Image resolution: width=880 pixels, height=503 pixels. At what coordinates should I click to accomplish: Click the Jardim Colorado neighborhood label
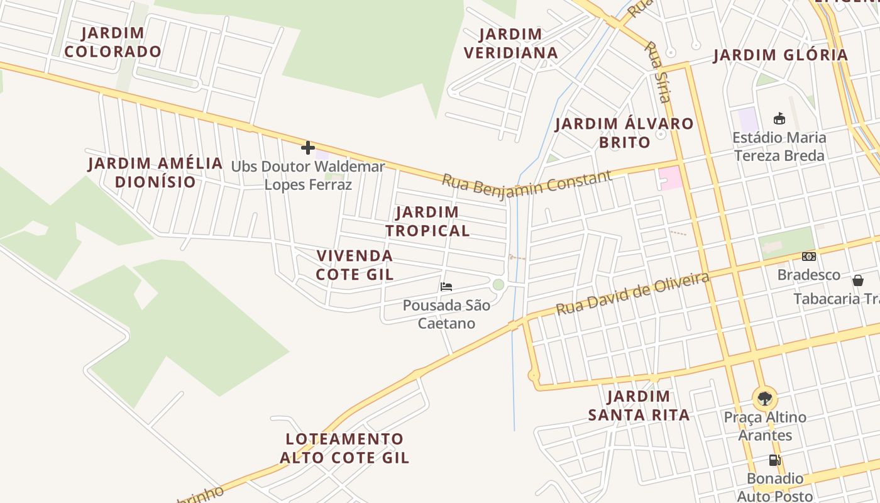113,42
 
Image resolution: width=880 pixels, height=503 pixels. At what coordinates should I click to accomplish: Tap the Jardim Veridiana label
511,43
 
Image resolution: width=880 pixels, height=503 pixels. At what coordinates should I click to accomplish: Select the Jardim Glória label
781,55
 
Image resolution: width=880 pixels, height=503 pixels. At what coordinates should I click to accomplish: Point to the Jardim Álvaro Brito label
624,133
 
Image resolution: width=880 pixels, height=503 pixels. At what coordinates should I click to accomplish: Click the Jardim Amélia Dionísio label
155,172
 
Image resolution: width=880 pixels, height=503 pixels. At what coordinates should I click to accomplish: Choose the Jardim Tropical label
427,221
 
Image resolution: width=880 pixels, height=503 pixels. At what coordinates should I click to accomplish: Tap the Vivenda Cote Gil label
355,265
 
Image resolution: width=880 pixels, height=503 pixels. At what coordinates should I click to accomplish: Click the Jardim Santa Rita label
639,406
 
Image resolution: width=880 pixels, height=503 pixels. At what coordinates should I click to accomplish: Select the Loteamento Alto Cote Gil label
344,448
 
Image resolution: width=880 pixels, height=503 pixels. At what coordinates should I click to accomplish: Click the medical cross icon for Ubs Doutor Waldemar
307,148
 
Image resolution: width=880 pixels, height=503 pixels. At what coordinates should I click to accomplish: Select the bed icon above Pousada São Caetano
446,287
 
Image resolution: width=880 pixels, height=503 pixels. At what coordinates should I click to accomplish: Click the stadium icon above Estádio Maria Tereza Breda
779,118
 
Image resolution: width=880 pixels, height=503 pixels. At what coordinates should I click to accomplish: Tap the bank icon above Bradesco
808,257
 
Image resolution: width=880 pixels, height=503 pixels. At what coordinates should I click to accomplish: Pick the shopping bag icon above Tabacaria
857,280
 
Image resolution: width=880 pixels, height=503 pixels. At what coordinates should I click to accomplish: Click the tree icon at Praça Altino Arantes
764,398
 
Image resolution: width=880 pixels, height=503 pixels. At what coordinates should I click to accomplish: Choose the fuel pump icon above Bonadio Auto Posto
774,460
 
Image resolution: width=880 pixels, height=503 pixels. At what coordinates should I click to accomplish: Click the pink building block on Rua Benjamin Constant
670,177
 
